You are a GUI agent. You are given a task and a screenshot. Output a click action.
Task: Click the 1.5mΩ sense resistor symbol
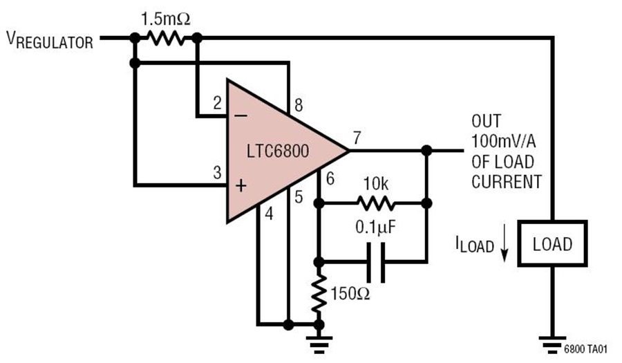pyautogui.click(x=166, y=38)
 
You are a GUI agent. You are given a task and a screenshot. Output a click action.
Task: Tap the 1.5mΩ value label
pyautogui.click(x=166, y=19)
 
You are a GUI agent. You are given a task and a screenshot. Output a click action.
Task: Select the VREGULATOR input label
pyautogui.click(x=50, y=40)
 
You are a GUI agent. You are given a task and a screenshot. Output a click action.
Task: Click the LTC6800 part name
pyautogui.click(x=278, y=151)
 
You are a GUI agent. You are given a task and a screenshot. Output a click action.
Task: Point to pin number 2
pyautogui.click(x=217, y=103)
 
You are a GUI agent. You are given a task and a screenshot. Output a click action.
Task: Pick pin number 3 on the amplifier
pyautogui.click(x=217, y=173)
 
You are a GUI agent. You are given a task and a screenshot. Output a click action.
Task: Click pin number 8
pyautogui.click(x=299, y=105)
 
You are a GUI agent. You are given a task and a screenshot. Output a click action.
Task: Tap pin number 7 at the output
pyautogui.click(x=357, y=138)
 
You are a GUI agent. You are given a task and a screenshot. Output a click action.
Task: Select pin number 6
pyautogui.click(x=330, y=179)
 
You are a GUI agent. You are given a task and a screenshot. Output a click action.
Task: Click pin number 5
pyautogui.click(x=299, y=197)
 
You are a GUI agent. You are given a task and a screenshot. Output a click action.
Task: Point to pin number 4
pyautogui.click(x=269, y=214)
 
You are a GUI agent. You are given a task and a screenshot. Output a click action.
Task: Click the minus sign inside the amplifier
pyautogui.click(x=241, y=116)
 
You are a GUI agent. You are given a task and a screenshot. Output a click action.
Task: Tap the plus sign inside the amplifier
pyautogui.click(x=241, y=186)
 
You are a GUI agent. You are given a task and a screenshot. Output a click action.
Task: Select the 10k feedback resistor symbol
pyautogui.click(x=376, y=203)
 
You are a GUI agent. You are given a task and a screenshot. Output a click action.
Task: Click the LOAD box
pyautogui.click(x=553, y=243)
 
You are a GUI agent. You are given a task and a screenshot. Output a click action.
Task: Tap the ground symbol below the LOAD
pyautogui.click(x=553, y=344)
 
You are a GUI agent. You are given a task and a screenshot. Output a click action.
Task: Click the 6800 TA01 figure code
pyautogui.click(x=585, y=348)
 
